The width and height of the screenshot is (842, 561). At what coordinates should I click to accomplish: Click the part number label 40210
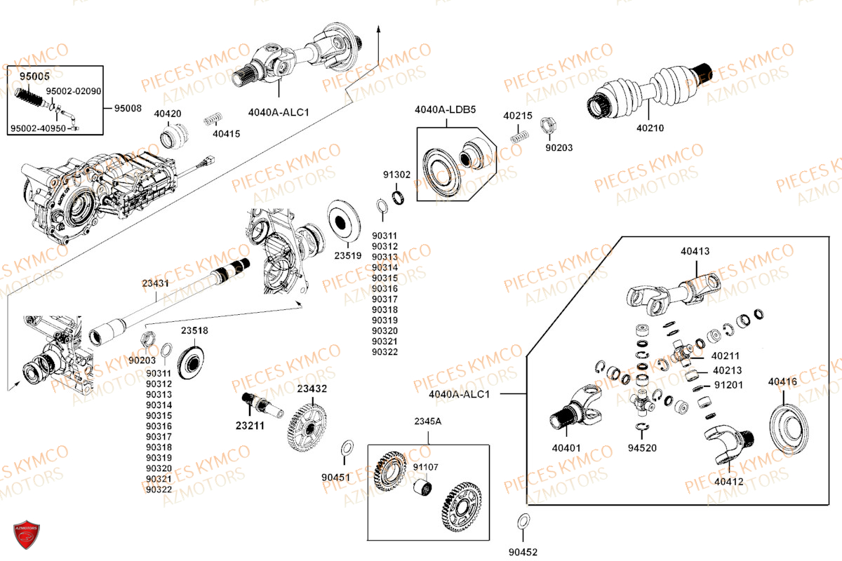tap(650, 128)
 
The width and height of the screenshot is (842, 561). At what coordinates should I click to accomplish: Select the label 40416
tap(782, 382)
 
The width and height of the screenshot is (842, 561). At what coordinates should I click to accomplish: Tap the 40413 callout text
tap(695, 251)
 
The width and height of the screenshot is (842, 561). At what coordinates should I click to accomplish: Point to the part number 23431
tap(155, 283)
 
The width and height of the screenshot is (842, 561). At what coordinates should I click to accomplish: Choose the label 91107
tap(425, 467)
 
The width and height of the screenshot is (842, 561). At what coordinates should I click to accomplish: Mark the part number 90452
tap(523, 552)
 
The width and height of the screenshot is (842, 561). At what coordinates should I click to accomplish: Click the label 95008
tap(128, 109)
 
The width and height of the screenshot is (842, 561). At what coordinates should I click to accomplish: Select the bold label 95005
tap(34, 76)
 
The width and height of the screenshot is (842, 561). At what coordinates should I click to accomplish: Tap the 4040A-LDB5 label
tap(445, 109)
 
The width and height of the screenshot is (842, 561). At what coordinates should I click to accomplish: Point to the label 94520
tap(641, 447)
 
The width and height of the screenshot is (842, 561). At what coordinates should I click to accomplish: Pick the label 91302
tap(396, 175)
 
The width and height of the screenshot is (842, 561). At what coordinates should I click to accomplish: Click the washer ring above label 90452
tap(523, 522)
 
